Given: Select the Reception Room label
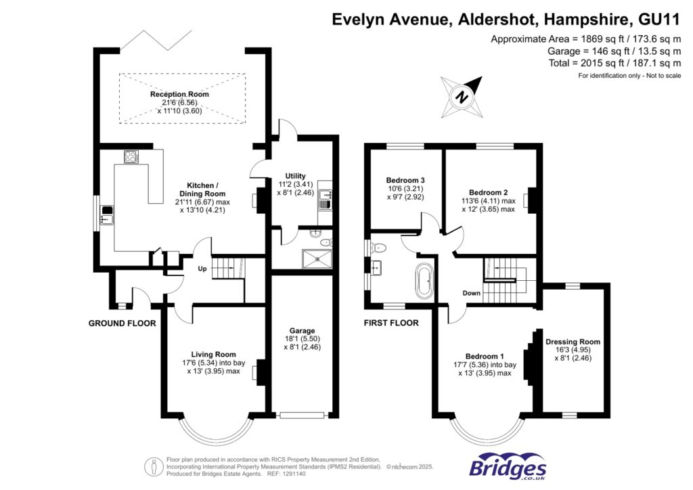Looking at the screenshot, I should pyautogui.click(x=179, y=94).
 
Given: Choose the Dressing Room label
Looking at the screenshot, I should pyautogui.click(x=573, y=342).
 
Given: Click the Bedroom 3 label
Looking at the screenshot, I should pyautogui.click(x=405, y=180).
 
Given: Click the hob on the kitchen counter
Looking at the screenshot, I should pyautogui.click(x=131, y=157).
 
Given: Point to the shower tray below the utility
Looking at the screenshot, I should pyautogui.click(x=317, y=257).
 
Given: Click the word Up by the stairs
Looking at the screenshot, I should pyautogui.click(x=202, y=269).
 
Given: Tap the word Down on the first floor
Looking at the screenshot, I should pyautogui.click(x=472, y=293).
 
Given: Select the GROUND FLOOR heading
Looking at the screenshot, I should pyautogui.click(x=122, y=324).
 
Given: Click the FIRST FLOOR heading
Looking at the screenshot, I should pyautogui.click(x=391, y=323).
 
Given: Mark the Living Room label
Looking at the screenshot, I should pyautogui.click(x=213, y=354).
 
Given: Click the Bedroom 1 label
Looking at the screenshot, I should pyautogui.click(x=485, y=356).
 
